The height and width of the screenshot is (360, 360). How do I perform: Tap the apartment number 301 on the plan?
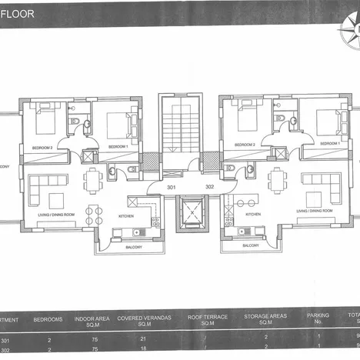tap(172, 186)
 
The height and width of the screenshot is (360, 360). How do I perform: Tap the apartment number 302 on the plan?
tap(208, 186)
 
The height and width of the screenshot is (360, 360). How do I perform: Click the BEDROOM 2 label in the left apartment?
tap(42, 146)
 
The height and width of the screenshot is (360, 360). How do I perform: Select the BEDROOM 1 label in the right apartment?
tap(328, 144)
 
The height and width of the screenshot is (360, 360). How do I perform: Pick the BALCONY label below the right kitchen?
tap(250, 245)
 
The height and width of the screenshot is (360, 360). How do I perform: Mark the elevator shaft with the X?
tap(190, 212)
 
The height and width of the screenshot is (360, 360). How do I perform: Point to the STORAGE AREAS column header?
tap(265, 318)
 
